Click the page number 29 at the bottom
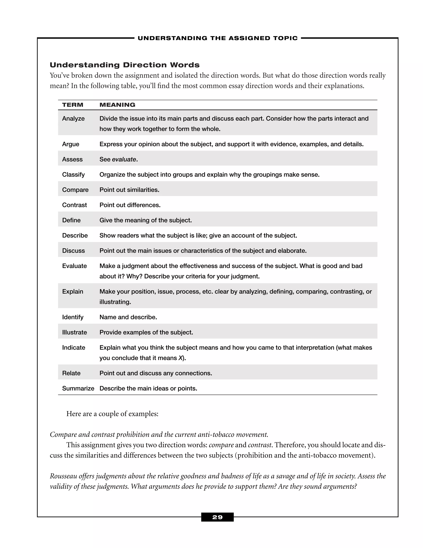217,517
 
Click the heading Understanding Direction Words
125,65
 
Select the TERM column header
73,105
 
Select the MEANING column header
117,105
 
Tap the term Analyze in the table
73,118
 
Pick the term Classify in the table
73,175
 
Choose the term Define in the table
71,220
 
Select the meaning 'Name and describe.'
128,317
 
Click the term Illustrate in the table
74,333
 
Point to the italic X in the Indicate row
180,358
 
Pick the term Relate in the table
71,373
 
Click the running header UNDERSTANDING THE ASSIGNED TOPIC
217,38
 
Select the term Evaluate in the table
74,266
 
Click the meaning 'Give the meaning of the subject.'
145,220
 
